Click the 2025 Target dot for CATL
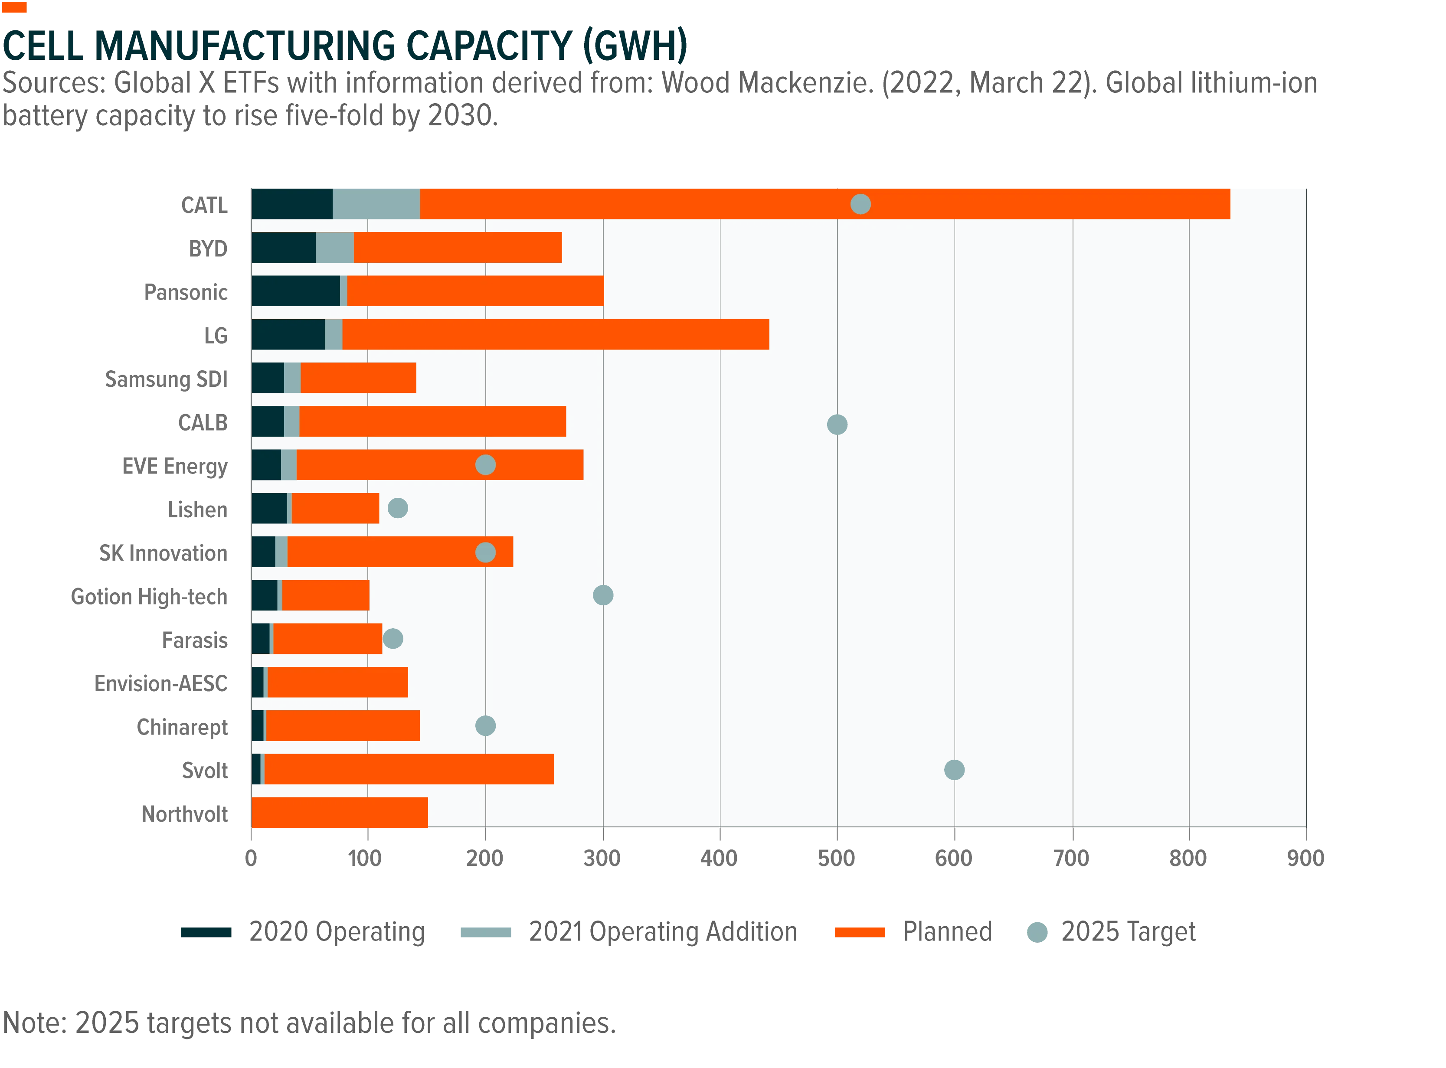(860, 204)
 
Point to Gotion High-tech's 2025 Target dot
(603, 595)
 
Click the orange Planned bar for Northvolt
(340, 812)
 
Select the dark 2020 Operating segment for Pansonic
(296, 291)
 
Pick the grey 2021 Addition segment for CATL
(376, 204)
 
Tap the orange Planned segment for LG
(556, 334)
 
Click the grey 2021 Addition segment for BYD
(335, 248)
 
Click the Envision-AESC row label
(161, 683)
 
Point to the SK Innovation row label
(163, 553)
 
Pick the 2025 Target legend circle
(1037, 932)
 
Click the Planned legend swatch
(860, 932)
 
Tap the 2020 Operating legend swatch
(206, 932)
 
